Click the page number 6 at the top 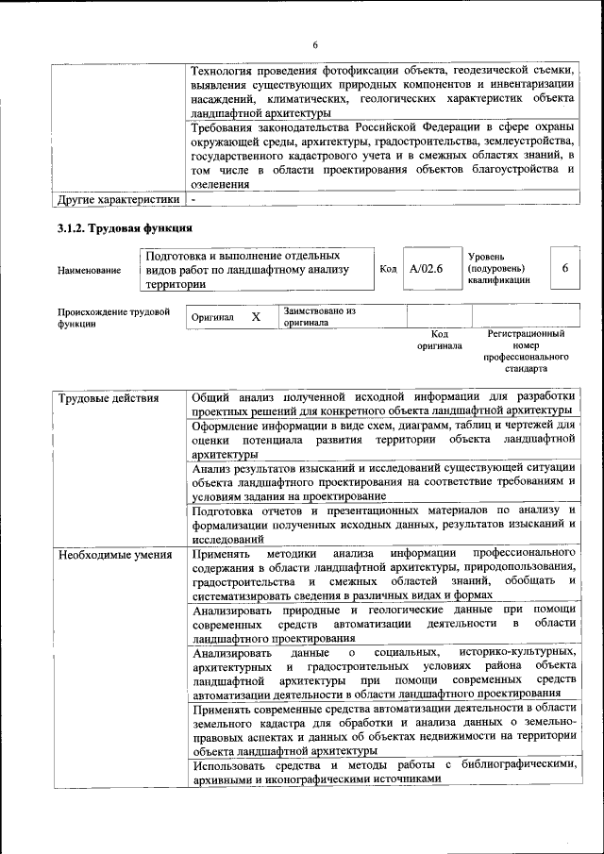point(315,44)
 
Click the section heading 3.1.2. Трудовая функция point(126,227)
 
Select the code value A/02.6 point(427,269)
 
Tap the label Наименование point(89,271)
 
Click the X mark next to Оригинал point(256,317)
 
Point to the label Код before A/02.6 point(387,269)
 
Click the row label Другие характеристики point(118,200)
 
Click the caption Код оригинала point(439,340)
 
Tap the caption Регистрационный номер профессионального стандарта point(526,352)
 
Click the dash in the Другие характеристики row point(193,200)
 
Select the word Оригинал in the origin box point(211,318)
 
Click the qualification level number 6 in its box point(564,269)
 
